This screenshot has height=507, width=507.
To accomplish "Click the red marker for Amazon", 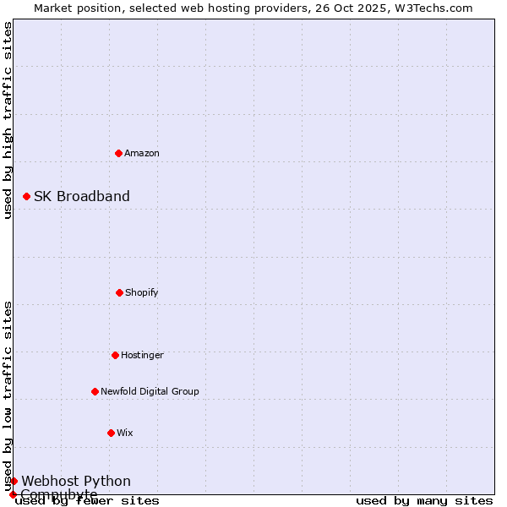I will click(x=118, y=153).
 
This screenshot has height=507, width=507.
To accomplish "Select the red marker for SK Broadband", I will click(x=26, y=196).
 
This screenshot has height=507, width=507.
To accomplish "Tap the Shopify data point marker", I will click(x=119, y=292).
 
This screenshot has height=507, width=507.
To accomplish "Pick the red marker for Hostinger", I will click(x=115, y=355).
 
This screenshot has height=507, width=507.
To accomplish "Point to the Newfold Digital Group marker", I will click(x=95, y=391).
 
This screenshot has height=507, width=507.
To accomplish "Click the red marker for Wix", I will click(x=111, y=433).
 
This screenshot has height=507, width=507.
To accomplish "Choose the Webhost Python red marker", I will click(x=14, y=481).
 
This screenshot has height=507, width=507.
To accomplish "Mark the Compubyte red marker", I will click(x=13, y=494).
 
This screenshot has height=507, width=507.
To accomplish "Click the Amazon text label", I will click(x=142, y=153).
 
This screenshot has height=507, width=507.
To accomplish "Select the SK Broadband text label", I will click(x=82, y=196).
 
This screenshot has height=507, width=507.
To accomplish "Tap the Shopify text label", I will click(x=142, y=292).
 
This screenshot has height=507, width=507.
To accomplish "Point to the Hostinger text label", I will click(x=142, y=355).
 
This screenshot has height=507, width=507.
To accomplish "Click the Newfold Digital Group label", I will click(x=150, y=391).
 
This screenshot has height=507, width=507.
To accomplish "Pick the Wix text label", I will click(x=125, y=433).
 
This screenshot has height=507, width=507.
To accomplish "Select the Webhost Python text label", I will click(x=76, y=481).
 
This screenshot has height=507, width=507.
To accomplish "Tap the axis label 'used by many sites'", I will click(x=424, y=500).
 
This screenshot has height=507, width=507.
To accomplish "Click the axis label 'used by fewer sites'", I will click(x=87, y=500).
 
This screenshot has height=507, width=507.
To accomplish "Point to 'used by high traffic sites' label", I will click(x=8, y=120).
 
